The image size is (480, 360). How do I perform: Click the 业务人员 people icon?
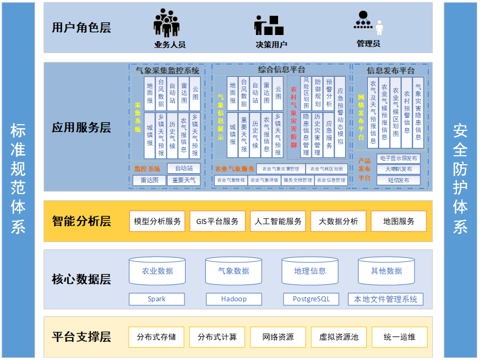tap(168, 24)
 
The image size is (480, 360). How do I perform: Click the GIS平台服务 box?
tap(218, 221)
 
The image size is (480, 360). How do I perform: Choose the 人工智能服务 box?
tap(278, 221)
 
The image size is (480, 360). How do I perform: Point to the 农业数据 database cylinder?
tap(157, 271)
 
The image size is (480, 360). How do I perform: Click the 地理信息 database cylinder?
tap(310, 271)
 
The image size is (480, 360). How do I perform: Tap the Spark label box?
tap(157, 299)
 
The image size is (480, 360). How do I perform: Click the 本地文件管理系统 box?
tap(386, 299)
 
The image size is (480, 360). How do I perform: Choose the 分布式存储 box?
tap(156, 337)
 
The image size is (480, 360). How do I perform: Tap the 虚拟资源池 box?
tap(338, 337)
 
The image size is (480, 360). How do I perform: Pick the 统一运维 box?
tap(399, 337)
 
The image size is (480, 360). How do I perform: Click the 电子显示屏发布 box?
tap(398, 159)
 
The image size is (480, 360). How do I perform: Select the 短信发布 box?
tap(398, 181)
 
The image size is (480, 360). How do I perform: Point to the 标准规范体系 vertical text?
tap(19, 179)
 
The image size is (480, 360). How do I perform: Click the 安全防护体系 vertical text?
tap(461, 179)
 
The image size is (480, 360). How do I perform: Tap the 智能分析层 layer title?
tap(81, 221)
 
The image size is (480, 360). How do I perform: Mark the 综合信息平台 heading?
tap(280, 69)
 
